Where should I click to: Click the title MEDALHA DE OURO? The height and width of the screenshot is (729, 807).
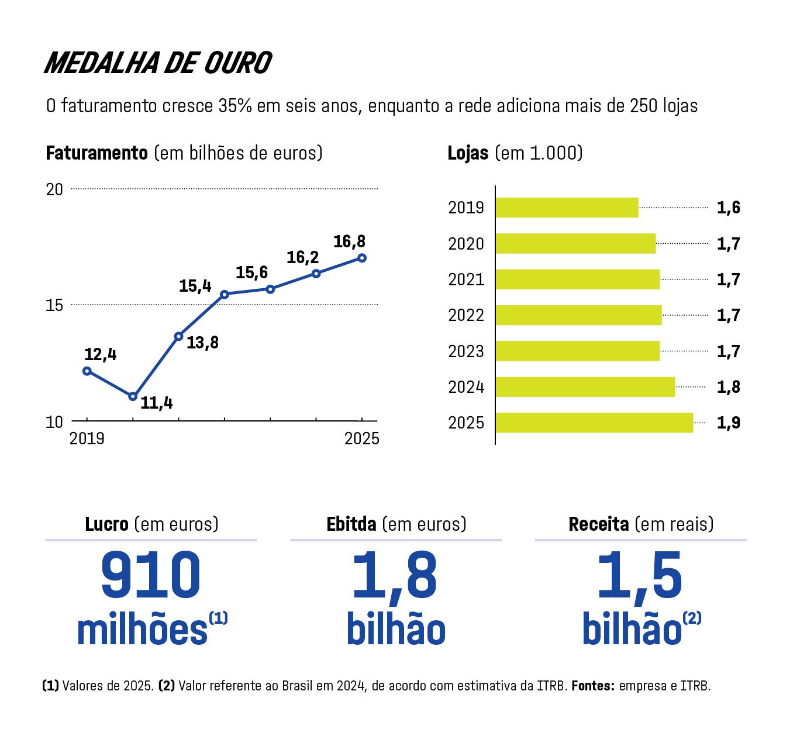pos(158,63)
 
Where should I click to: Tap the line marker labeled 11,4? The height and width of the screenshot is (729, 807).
pos(133,396)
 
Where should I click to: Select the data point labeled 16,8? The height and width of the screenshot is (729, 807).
pos(362,258)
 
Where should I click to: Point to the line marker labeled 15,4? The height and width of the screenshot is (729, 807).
pos(224,294)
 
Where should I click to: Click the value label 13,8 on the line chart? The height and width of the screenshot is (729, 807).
pos(202,343)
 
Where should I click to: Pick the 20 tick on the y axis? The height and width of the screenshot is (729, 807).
pos(54,189)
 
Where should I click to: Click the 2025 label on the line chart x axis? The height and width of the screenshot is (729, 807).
pos(361,438)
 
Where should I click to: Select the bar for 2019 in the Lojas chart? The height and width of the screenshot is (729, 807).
pos(567,208)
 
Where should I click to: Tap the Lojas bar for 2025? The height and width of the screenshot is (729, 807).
pos(594,423)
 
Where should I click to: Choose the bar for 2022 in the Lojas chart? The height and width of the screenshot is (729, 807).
pos(578,315)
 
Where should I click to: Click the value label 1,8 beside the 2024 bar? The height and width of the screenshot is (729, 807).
pos(728,387)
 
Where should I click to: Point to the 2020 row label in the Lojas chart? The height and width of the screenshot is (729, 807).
pos(466,244)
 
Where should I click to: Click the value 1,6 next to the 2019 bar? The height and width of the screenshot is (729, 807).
pos(728,208)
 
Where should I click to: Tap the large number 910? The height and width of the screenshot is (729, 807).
pos(151,575)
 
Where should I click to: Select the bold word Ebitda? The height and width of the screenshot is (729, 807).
pos(351,524)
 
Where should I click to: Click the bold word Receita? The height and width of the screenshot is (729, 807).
pos(599,524)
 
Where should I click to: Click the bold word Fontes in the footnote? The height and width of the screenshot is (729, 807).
pos(593,686)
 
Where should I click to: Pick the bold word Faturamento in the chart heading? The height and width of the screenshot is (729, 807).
pos(96,153)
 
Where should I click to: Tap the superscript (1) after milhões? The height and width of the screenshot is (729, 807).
pos(218,618)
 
